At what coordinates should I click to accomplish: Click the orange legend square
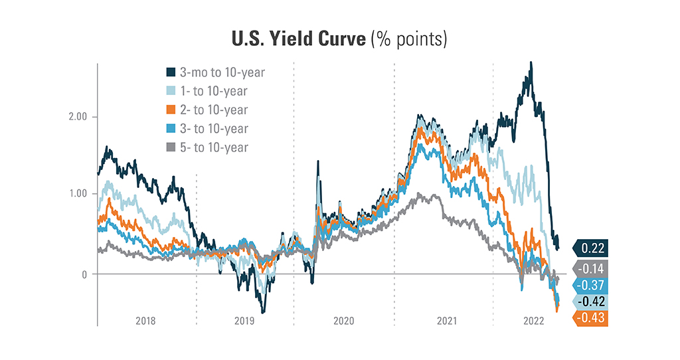coord(171,110)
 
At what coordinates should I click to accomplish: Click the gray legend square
coord(171,147)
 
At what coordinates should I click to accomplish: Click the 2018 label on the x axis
coord(146,321)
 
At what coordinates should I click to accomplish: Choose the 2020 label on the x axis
coord(343,321)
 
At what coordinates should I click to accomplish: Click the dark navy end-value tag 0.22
coord(590,248)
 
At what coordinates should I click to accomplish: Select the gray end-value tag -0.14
coord(590,266)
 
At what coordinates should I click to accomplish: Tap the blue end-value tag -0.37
coord(590,284)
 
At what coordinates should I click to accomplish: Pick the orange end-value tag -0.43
coord(590,319)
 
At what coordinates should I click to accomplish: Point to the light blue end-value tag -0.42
coord(590,302)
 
